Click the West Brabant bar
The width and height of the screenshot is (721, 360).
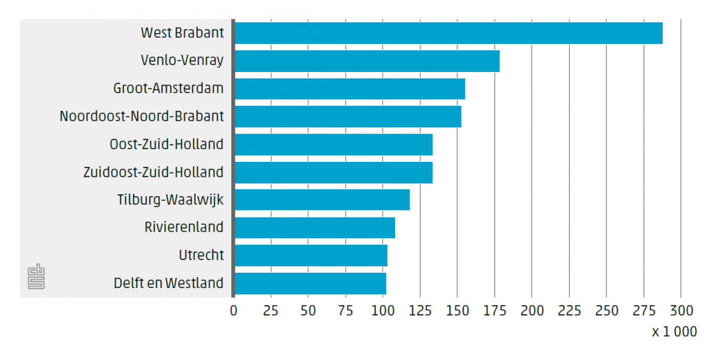[x=448, y=33]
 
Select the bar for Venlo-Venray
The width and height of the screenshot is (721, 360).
[x=367, y=61]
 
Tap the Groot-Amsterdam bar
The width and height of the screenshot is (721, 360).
[x=350, y=89]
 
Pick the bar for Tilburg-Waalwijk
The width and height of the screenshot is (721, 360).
[x=322, y=200]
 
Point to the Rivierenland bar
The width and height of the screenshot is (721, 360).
[x=315, y=227]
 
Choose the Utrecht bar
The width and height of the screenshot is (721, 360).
[x=311, y=255]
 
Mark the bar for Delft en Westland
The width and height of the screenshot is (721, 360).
[x=310, y=284]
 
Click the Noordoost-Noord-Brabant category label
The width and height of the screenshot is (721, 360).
[x=142, y=116]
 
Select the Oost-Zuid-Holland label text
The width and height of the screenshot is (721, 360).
[x=166, y=144]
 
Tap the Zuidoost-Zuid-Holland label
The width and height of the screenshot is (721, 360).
[x=153, y=172]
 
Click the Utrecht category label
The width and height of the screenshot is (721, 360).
[x=201, y=255]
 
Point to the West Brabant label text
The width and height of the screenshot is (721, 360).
[x=182, y=33]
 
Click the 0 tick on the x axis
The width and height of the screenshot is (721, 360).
[x=234, y=311]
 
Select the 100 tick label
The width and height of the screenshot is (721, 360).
[x=383, y=311]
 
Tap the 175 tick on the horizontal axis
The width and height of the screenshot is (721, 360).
[x=495, y=311]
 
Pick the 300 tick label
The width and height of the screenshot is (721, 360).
[x=681, y=311]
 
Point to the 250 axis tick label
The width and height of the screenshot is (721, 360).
[x=607, y=311]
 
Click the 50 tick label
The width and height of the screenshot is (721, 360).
[x=308, y=311]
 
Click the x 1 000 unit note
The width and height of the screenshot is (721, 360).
[x=674, y=332]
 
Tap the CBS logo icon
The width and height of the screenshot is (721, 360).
[x=36, y=277]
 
